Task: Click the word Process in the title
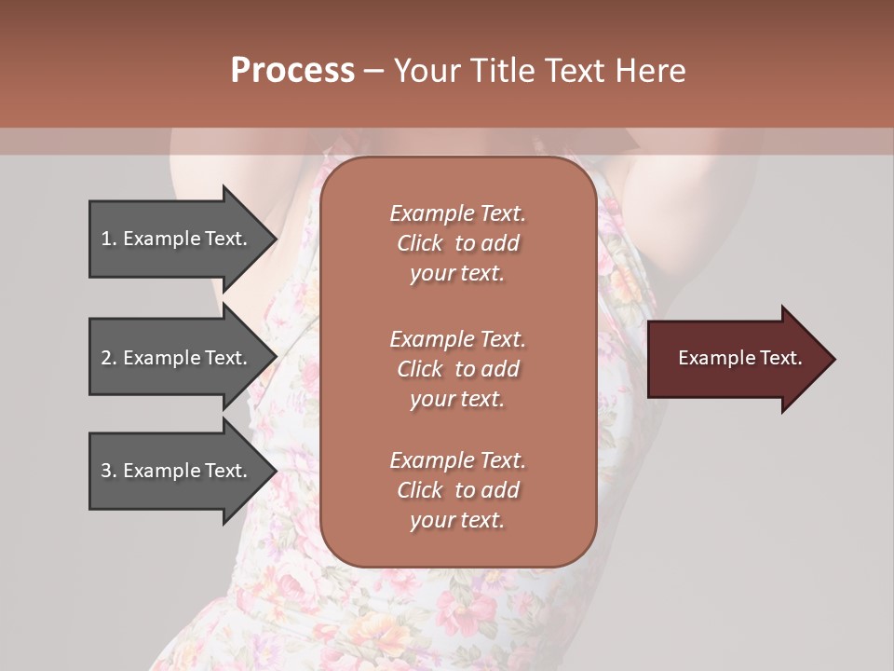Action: [292, 71]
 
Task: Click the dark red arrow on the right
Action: [736, 359]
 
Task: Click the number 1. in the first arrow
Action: [108, 239]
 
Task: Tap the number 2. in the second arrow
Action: [108, 358]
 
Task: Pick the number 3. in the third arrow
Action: [108, 471]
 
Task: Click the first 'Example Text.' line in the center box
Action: [457, 213]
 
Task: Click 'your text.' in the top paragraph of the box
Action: [457, 274]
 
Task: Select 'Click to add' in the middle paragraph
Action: [457, 369]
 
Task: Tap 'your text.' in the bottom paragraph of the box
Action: [457, 521]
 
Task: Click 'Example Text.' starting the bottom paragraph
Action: [457, 460]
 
